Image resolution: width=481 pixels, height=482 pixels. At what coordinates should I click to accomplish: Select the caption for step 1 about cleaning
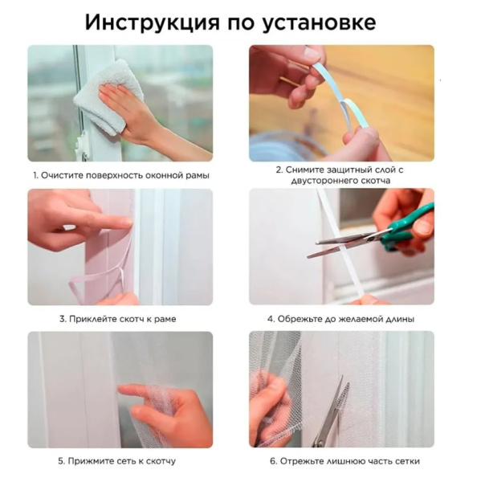120,174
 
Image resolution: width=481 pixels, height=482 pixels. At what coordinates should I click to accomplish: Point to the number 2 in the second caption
278,170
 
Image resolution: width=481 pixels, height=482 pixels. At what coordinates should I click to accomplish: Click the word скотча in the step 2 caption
373,181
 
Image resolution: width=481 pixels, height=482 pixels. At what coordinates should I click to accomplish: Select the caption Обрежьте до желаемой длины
340,319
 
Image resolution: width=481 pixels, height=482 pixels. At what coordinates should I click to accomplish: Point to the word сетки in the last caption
406,461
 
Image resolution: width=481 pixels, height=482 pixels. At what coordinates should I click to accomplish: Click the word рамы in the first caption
196,174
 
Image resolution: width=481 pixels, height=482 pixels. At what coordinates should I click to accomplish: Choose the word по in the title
243,22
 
